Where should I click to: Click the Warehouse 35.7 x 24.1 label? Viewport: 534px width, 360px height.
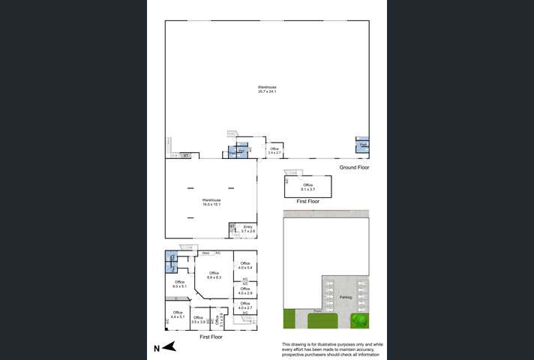tap(267, 89)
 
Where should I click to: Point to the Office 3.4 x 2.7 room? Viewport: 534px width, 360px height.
tap(274, 150)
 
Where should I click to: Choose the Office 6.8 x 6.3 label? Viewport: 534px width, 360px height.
tap(214, 275)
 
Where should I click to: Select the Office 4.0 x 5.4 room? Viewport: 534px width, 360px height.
tap(244, 265)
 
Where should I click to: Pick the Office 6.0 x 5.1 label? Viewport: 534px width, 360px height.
tap(178, 284)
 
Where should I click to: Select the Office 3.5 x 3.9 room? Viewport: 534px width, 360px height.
tap(199, 319)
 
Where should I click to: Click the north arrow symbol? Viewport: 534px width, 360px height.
tap(166, 346)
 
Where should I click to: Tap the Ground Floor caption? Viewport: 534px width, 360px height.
tap(354, 167)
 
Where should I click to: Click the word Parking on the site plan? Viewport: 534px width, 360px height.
tap(345, 297)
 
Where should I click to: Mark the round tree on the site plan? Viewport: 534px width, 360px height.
tap(360, 321)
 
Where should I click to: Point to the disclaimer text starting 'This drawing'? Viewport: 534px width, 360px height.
tap(326, 349)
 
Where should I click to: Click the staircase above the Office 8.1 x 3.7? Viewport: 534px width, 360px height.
tap(298, 172)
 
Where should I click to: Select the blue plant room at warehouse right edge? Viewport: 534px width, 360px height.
tap(362, 145)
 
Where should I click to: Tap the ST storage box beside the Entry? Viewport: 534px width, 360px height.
tap(232, 226)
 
